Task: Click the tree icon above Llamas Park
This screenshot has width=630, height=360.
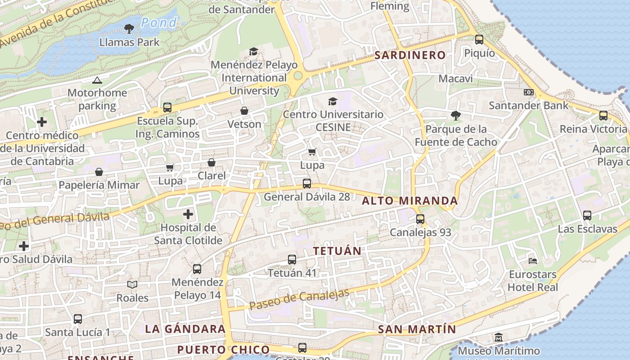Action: click(x=129, y=29)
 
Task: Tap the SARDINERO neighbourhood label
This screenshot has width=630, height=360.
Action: click(x=410, y=55)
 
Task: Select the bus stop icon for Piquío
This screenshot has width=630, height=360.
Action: click(x=479, y=40)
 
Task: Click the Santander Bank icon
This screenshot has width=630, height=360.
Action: click(x=529, y=92)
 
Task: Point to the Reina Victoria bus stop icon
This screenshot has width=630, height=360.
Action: click(x=603, y=116)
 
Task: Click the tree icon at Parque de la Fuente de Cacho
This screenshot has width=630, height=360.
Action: click(x=456, y=116)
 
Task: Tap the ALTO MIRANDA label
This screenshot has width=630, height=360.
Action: click(x=410, y=201)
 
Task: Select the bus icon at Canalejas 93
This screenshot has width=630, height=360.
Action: click(x=420, y=219)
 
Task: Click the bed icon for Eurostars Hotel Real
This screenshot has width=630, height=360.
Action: click(x=533, y=261)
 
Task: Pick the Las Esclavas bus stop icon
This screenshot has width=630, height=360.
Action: click(x=587, y=216)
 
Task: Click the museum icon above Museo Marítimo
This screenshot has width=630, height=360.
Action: click(x=499, y=337)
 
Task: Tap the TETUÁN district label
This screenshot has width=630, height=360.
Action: click(x=337, y=251)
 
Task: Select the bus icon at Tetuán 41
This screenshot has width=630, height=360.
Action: click(x=292, y=260)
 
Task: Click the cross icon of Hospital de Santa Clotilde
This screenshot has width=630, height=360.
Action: click(x=188, y=214)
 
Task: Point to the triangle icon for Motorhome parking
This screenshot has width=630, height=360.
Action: click(x=97, y=81)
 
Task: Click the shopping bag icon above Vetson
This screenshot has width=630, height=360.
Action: click(x=244, y=111)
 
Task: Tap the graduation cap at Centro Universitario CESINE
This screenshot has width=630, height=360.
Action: click(x=333, y=101)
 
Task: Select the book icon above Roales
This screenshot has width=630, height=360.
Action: click(x=132, y=284)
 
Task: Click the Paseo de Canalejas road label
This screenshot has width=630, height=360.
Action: click(x=299, y=300)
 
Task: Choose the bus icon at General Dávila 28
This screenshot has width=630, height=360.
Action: click(x=307, y=184)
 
